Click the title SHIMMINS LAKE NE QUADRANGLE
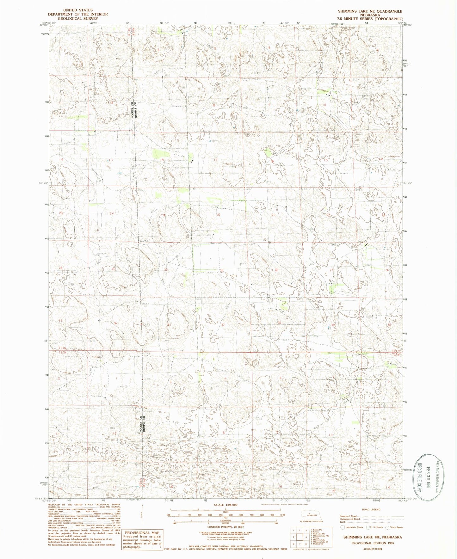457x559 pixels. click(370, 11)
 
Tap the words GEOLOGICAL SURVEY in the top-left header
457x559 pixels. click(78, 19)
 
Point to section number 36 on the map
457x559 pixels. click(115, 323)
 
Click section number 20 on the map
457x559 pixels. click(219, 215)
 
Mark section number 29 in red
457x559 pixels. click(222, 270)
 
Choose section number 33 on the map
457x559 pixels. click(280, 322)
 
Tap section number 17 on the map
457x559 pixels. click(216, 160)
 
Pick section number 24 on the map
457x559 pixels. click(112, 213)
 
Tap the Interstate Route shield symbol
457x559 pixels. click(342, 527)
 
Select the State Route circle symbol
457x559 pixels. click(387, 527)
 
